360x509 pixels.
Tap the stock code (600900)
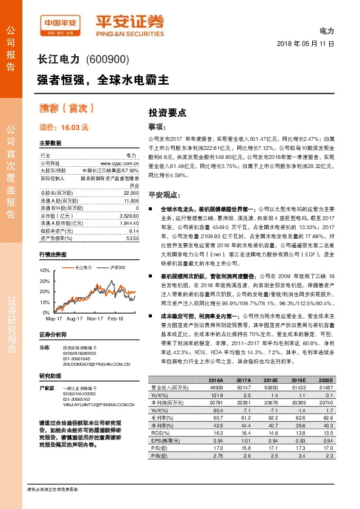point(107,59)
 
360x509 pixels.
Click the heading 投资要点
point(168,112)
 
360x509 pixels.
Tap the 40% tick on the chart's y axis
point(45,270)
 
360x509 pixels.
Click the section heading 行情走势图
point(52,254)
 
